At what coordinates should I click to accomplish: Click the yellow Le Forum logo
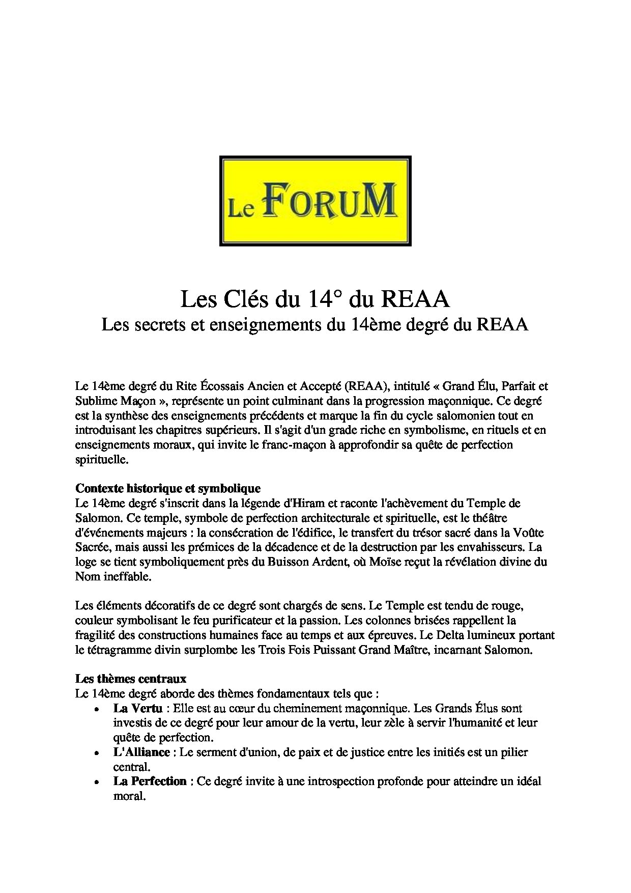coord(315,201)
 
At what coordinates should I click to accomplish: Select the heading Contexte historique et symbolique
coord(168,488)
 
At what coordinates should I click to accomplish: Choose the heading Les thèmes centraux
coord(131,679)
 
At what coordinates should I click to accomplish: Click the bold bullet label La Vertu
coord(138,708)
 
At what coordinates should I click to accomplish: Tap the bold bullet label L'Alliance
coord(141,752)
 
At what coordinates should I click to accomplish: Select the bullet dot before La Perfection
coord(96,782)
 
